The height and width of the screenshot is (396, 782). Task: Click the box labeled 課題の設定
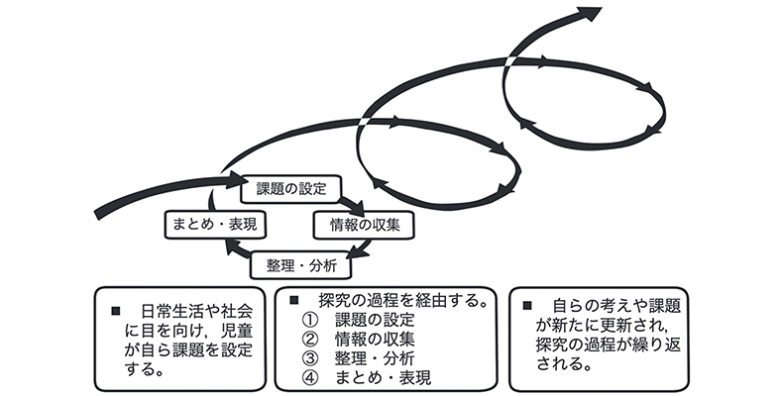click(290, 188)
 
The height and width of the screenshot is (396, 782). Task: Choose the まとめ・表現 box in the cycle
click(215, 225)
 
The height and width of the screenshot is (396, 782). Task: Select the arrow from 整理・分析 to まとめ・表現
click(238, 249)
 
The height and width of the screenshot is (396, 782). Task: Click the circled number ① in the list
click(308, 320)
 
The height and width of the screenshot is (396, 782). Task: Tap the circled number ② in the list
click(308, 339)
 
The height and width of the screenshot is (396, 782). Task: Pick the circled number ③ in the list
click(308, 357)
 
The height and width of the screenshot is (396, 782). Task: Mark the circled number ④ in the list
click(308, 376)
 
